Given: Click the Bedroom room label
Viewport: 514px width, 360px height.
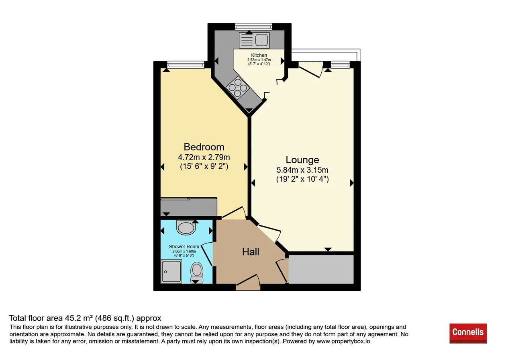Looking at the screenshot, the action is (204, 147).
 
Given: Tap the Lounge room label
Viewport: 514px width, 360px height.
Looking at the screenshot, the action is (302, 160).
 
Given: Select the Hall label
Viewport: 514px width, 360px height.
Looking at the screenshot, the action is (251, 252).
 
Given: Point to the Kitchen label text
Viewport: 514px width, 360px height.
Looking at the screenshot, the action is (259, 55).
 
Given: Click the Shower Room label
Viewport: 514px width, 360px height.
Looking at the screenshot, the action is (184, 247).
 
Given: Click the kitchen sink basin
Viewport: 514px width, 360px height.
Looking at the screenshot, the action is (261, 39).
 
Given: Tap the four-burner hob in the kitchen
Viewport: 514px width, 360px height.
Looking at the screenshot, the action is (237, 88).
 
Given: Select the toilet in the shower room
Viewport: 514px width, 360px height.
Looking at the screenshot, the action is (197, 272).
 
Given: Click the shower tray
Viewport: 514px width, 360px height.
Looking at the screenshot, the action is (171, 271).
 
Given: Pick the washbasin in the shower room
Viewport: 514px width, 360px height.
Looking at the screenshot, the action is (186, 227).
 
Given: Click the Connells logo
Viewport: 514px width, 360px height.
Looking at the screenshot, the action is (468, 333).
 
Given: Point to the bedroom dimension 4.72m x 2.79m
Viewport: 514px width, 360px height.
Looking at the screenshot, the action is (204, 157).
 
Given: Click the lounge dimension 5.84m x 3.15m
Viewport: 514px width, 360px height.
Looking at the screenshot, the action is (302, 170).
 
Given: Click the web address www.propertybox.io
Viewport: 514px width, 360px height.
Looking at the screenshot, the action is (343, 341).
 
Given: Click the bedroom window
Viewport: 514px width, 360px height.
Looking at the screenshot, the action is (186, 65).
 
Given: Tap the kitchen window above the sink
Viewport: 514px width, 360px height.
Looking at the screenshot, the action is (253, 27).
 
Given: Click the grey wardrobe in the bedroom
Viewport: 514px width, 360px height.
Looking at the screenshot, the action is (189, 207).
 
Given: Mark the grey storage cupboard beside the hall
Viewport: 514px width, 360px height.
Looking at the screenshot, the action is (321, 269).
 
